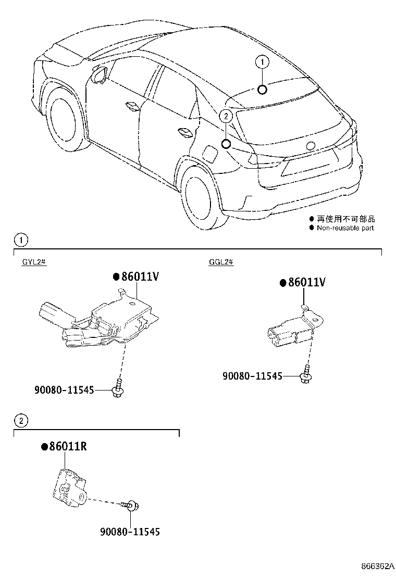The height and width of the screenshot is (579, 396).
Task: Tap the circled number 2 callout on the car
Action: pyautogui.click(x=226, y=117)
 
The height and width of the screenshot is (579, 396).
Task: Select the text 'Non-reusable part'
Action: pyautogui.click(x=345, y=228)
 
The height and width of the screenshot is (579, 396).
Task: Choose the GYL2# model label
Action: pyautogui.click(x=35, y=262)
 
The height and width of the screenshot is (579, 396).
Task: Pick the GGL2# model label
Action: pyautogui.click(x=221, y=262)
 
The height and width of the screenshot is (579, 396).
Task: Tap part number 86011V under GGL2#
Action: pyautogui.click(x=307, y=282)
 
